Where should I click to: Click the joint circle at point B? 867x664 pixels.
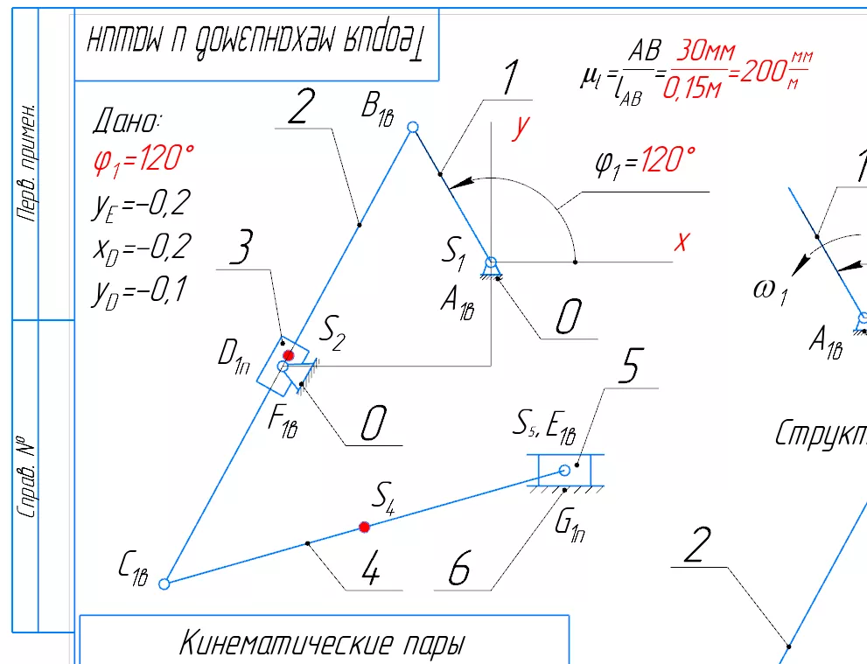pyautogui.click(x=414, y=128)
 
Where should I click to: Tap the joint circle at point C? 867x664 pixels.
pyautogui.click(x=164, y=583)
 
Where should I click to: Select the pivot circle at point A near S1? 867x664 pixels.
pyautogui.click(x=492, y=262)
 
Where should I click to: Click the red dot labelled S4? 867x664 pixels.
pyautogui.click(x=365, y=527)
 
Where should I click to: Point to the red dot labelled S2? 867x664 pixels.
pyautogui.click(x=288, y=355)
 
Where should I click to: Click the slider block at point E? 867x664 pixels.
pyautogui.click(x=565, y=470)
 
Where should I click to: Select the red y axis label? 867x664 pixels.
pyautogui.click(x=521, y=128)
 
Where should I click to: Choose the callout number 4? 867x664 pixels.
pyautogui.click(x=371, y=573)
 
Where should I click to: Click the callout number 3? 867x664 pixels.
pyautogui.click(x=241, y=251)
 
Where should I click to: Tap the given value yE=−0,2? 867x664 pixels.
pyautogui.click(x=141, y=206)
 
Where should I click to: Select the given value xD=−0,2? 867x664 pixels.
pyautogui.click(x=141, y=248)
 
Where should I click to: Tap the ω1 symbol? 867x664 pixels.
pyautogui.click(x=771, y=291)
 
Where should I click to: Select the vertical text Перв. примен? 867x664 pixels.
pyautogui.click(x=28, y=163)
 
